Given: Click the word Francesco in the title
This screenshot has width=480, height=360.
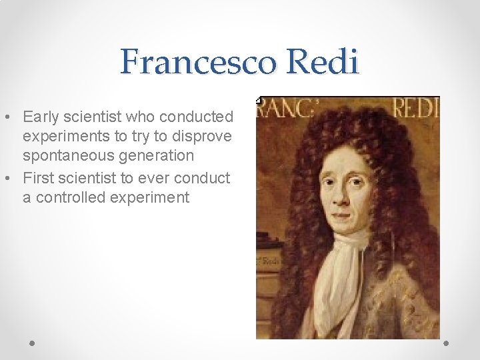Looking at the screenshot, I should [199, 63].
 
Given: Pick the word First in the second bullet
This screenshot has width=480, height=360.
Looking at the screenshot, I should [41, 178].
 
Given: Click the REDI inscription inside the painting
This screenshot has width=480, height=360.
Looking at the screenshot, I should [415, 108].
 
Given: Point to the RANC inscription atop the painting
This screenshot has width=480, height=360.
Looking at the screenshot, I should [280, 108].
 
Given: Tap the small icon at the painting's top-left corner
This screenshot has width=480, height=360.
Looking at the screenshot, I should [259, 100].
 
